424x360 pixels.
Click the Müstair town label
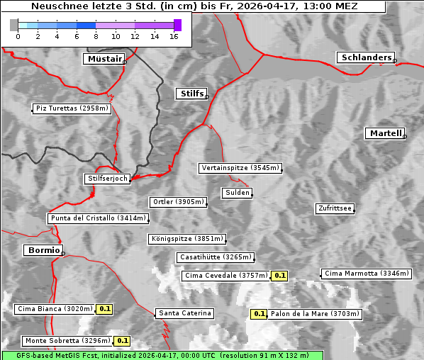pos(104,59)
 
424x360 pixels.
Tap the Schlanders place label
pos(365,57)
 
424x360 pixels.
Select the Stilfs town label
pos(191,94)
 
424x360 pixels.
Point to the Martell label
pos(385,133)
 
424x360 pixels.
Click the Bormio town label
pos(43,250)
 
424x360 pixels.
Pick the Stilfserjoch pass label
pos(107,179)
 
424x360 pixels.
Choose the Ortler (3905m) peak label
pos(178,202)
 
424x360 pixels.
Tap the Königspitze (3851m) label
pos(187,239)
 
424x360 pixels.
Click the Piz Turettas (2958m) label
pos(72,108)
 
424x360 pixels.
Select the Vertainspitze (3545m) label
pos(240,168)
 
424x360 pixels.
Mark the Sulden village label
pos(236,193)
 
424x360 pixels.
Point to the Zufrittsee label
pos(335,208)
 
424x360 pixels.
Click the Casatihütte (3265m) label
pos(215,257)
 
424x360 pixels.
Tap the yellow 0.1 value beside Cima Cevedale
pos(279,276)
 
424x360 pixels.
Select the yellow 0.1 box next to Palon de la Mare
pos(260,314)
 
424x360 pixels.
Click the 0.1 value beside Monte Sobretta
pos(122,341)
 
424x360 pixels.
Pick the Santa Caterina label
pos(184,313)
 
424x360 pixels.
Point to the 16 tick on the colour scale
pos(174,36)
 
